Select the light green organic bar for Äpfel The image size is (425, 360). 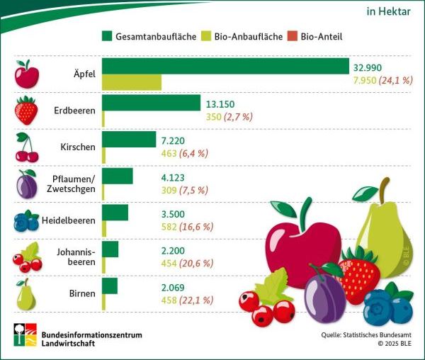coord(132,81)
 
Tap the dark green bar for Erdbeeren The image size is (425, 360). coord(151,103)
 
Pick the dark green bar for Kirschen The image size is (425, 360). coord(129,140)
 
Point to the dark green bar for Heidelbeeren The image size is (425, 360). coord(115,213)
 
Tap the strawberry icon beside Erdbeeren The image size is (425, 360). coord(26,111)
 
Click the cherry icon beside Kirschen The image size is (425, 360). coord(27,147)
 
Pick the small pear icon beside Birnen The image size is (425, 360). coord(25,294)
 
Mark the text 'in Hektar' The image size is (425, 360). coord(389,11)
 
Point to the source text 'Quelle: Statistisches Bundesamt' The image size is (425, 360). coord(362,332)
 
